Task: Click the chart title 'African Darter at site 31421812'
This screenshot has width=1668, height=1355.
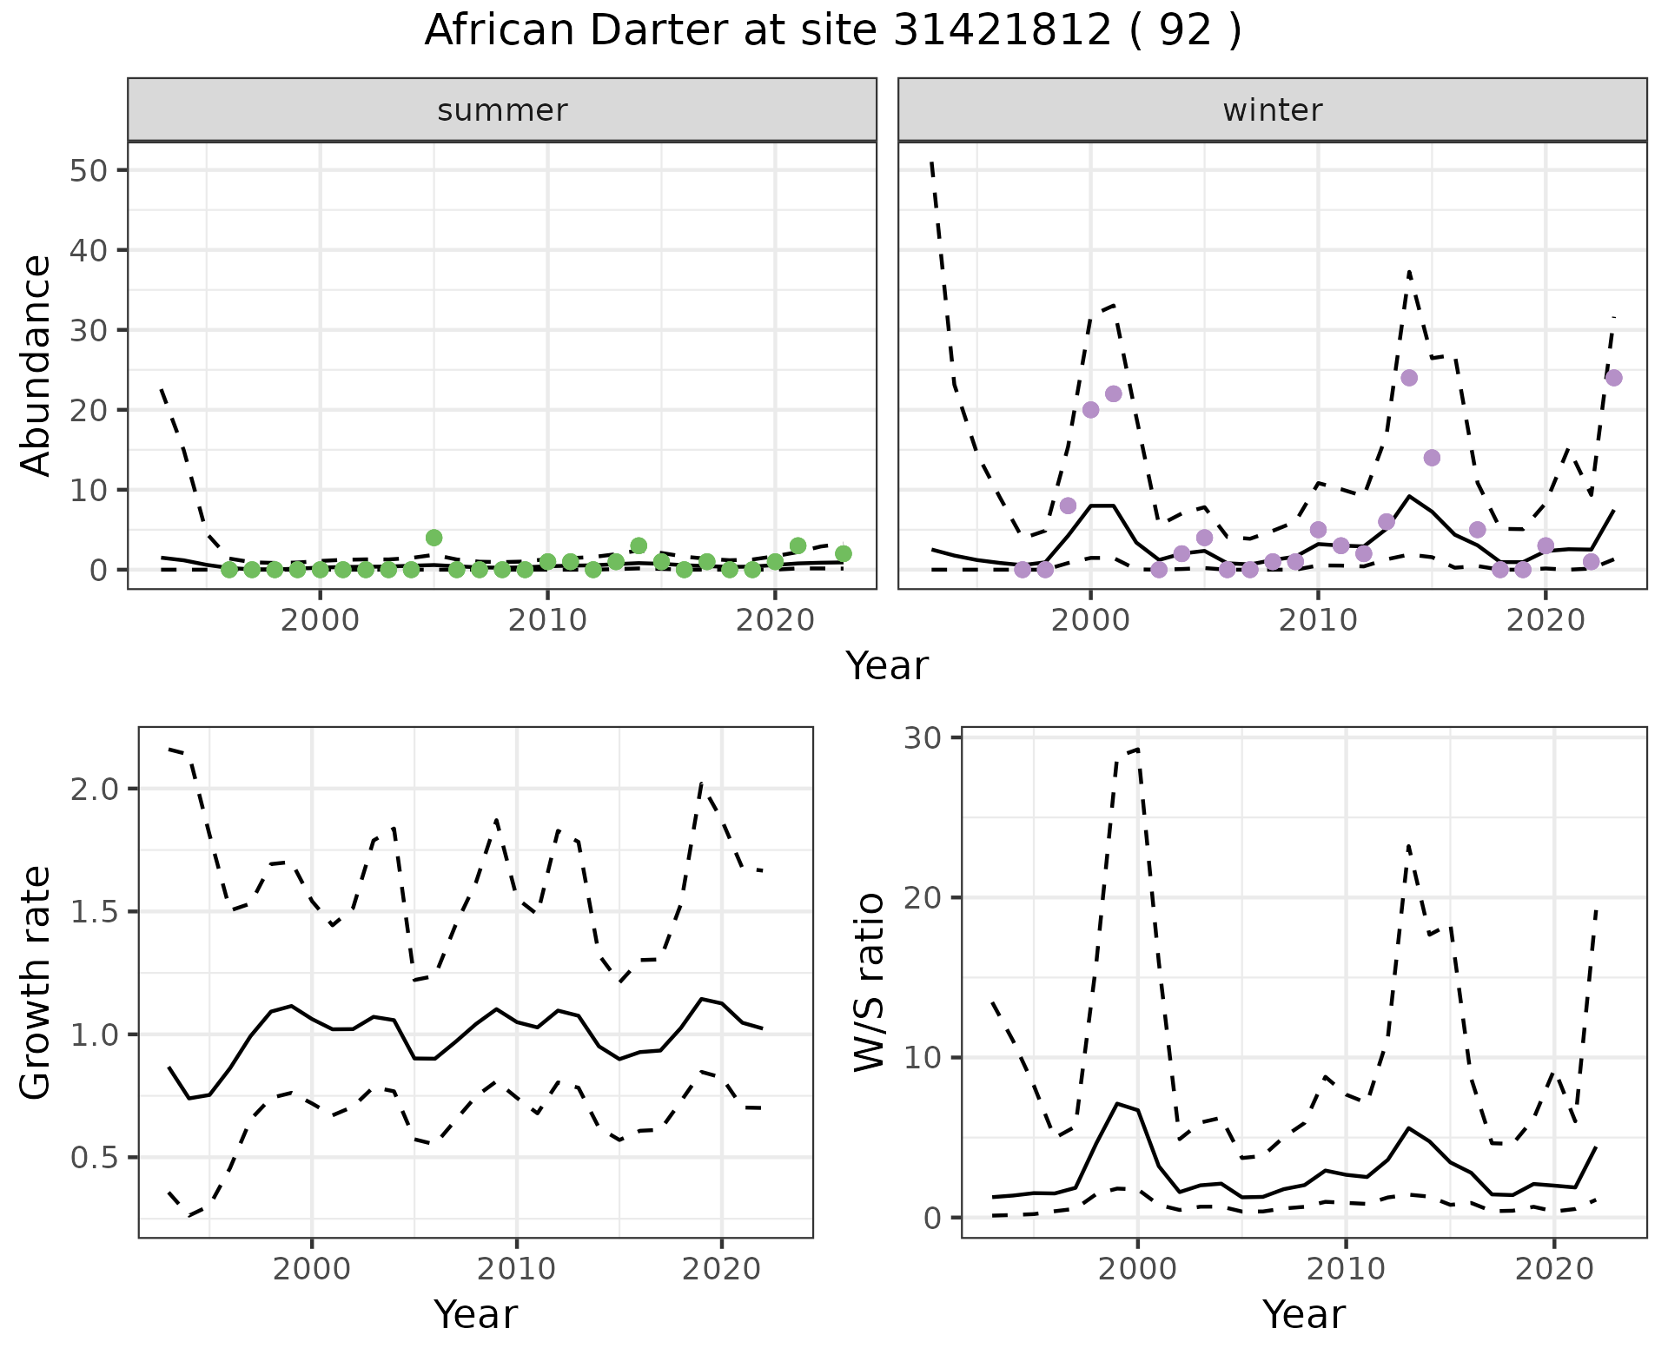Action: click(832, 31)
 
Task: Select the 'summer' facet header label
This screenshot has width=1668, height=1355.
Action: click(502, 110)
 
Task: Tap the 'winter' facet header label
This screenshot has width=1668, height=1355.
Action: click(1272, 110)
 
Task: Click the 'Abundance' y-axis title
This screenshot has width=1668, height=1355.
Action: click(36, 365)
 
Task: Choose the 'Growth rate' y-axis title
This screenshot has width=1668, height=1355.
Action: click(36, 982)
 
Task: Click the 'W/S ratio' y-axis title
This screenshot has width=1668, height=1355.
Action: click(869, 982)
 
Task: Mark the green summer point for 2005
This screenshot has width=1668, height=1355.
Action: click(434, 538)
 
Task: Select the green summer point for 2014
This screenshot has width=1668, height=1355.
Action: click(639, 545)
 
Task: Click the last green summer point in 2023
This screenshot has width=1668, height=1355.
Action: click(843, 553)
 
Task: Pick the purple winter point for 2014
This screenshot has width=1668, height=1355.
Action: click(1409, 378)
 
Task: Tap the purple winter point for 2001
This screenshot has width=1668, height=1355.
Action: click(1114, 393)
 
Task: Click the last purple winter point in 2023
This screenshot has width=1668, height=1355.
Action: click(1614, 378)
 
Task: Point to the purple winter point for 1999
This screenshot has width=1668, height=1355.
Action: click(1069, 506)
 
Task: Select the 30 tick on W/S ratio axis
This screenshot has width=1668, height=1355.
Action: click(928, 737)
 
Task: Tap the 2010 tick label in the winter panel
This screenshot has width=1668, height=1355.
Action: click(1318, 620)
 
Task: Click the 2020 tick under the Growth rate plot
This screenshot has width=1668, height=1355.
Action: click(721, 1269)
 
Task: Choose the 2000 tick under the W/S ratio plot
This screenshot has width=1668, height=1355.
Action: click(1137, 1269)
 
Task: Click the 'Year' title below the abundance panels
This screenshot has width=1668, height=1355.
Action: click(887, 666)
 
